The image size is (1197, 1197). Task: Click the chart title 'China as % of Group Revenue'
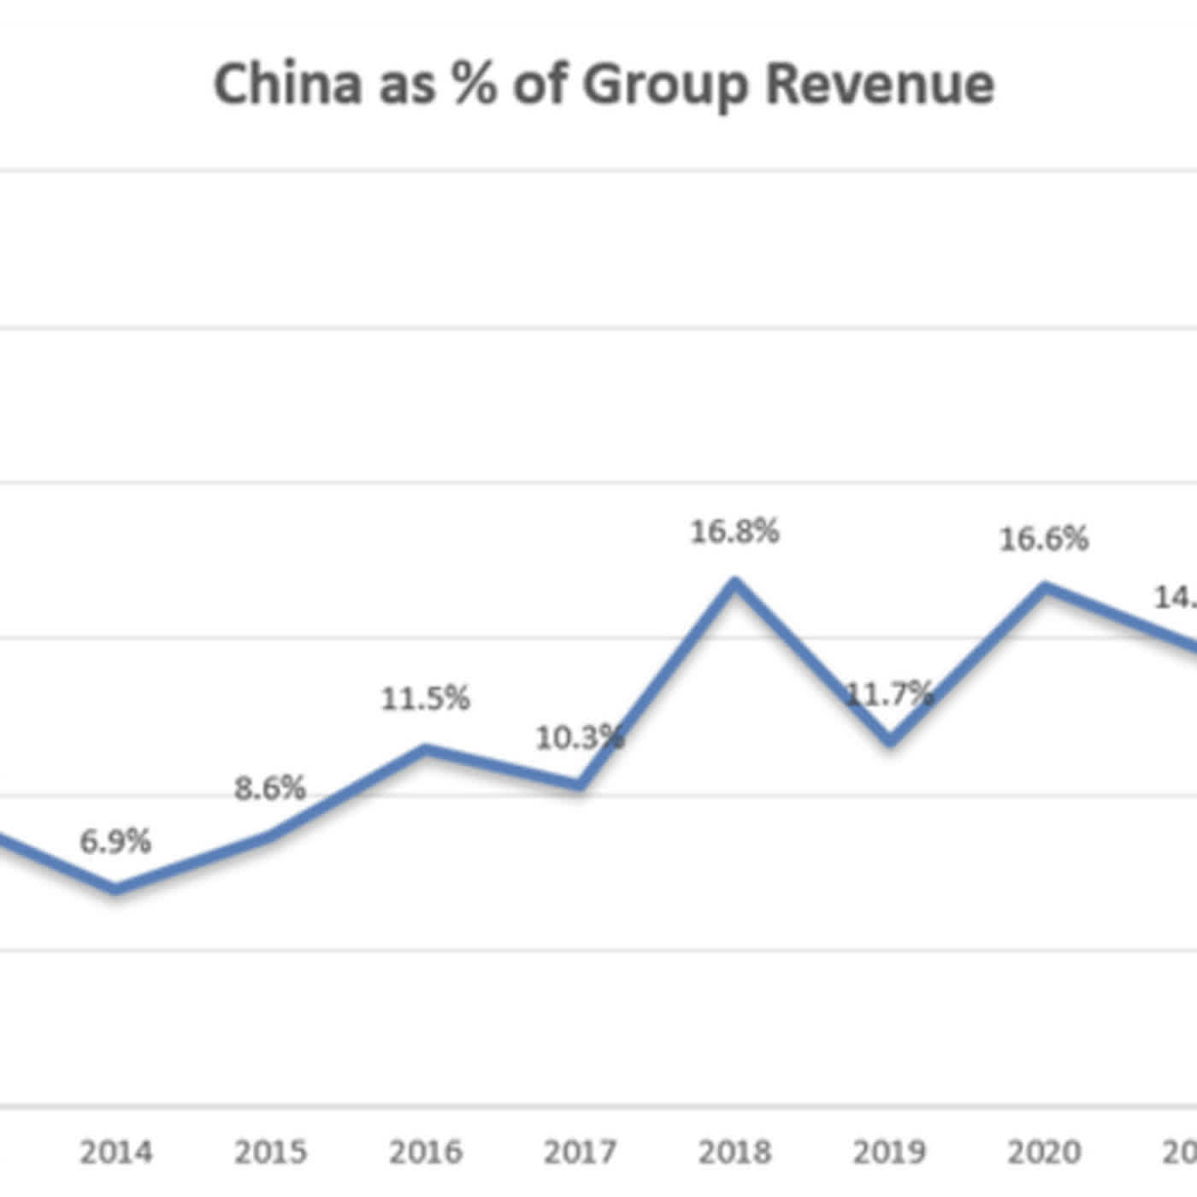(x=604, y=84)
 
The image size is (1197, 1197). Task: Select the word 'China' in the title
(x=287, y=84)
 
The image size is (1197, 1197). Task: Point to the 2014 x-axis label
(x=116, y=1152)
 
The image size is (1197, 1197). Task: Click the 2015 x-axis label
(x=270, y=1152)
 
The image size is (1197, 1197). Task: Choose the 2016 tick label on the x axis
(x=425, y=1152)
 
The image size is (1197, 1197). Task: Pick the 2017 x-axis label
(x=580, y=1152)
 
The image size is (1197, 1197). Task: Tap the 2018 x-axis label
(x=734, y=1152)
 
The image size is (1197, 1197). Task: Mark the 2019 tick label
(x=889, y=1152)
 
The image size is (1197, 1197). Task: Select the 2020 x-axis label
(x=1044, y=1152)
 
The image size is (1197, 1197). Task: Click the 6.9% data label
(x=115, y=841)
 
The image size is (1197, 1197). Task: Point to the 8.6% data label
(x=270, y=788)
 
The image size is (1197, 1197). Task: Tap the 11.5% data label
(x=425, y=699)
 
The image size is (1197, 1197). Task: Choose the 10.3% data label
(x=580, y=737)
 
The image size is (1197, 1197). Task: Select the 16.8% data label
(x=734, y=532)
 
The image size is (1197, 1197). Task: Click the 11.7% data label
(x=889, y=694)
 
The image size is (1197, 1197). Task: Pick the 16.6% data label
(x=1044, y=540)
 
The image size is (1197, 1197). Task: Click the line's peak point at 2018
(x=734, y=583)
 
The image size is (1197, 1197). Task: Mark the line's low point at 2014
(x=116, y=889)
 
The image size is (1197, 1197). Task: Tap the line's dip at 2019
(x=890, y=740)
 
